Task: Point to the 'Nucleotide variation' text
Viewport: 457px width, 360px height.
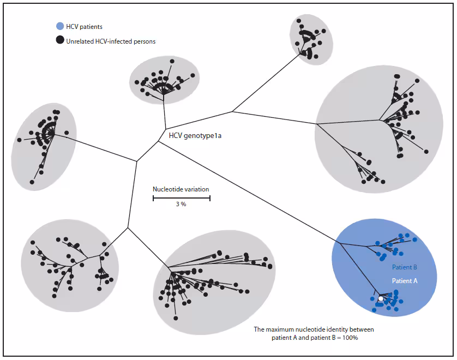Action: [x=181, y=189]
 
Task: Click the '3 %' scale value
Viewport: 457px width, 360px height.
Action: [x=181, y=204]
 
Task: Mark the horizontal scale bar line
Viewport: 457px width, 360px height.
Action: [x=181, y=197]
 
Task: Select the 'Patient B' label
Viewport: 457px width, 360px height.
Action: [x=404, y=267]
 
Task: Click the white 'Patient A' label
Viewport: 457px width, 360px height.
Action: [x=404, y=280]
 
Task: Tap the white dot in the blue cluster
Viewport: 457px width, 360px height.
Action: [x=381, y=299]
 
